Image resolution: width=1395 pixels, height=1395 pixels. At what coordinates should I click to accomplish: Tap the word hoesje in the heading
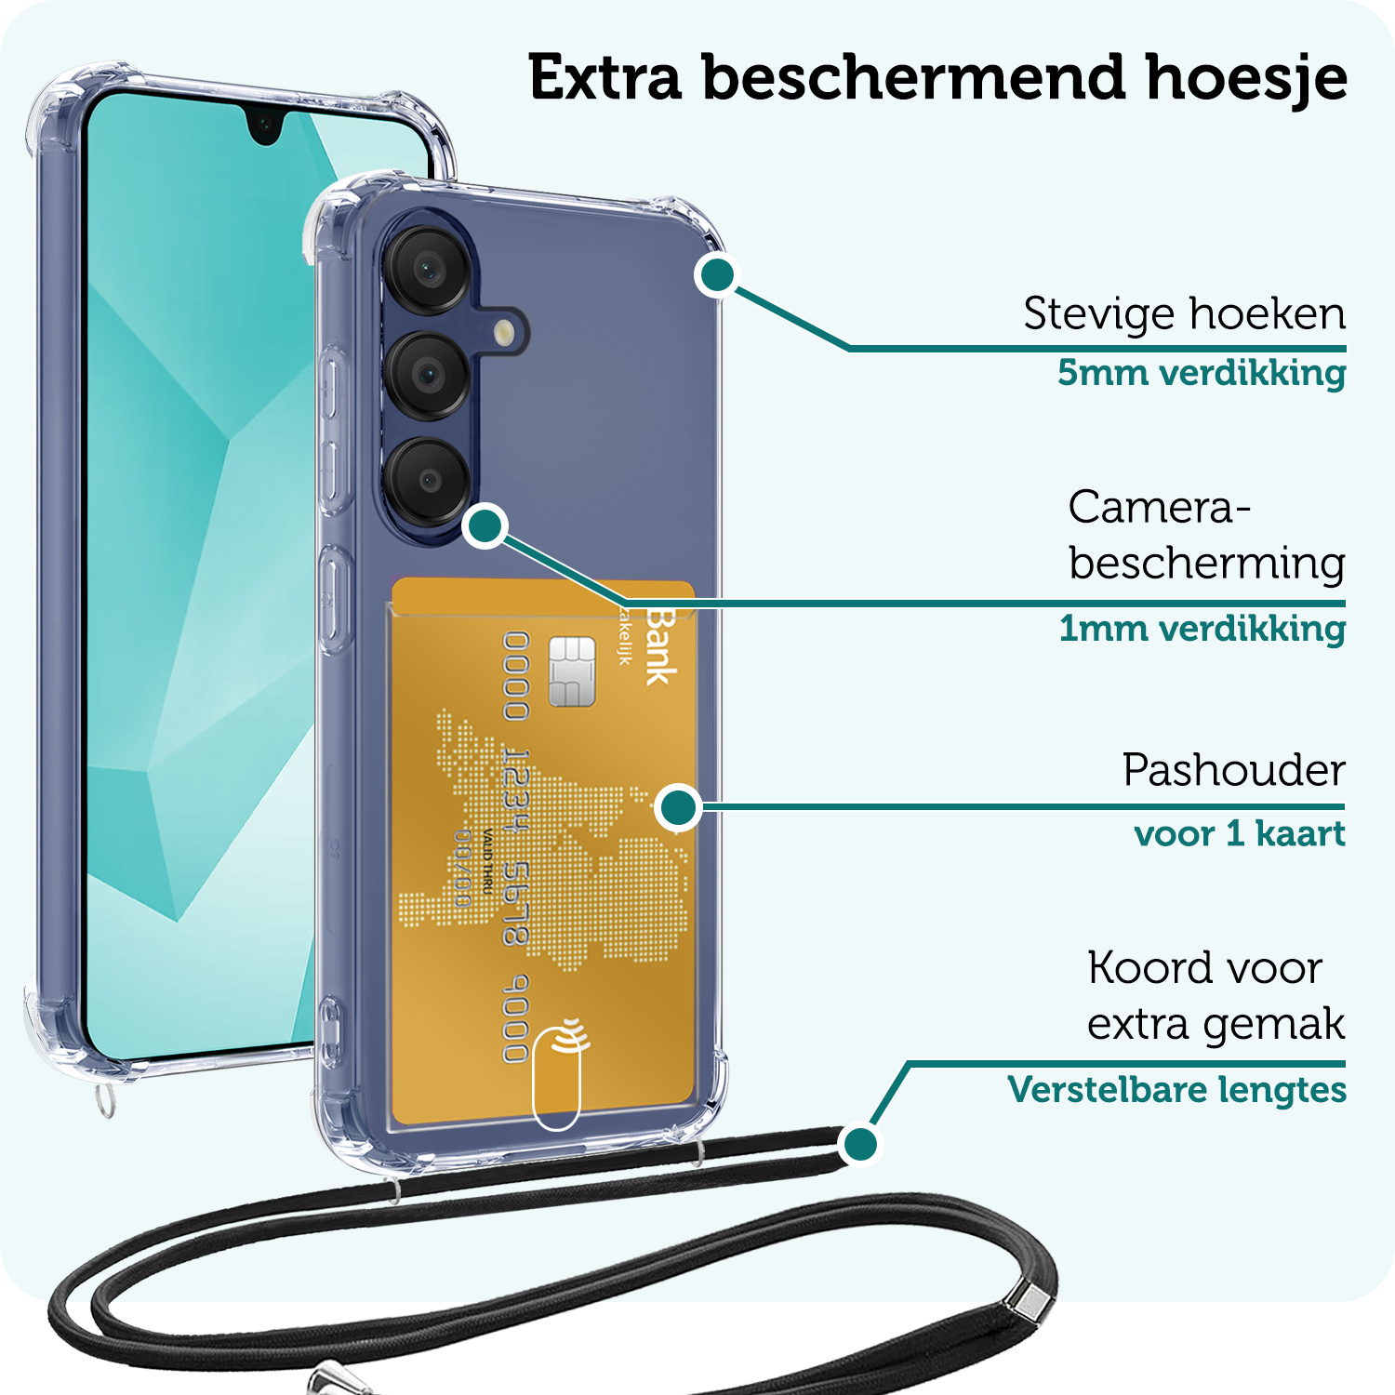(1246, 78)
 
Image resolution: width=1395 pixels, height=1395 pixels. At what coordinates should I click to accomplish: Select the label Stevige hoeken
(1184, 314)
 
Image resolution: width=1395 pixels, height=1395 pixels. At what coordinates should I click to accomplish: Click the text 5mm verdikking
(1201, 373)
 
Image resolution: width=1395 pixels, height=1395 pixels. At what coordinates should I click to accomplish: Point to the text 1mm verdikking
(1202, 629)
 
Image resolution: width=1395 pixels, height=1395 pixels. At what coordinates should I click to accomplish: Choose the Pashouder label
(1233, 770)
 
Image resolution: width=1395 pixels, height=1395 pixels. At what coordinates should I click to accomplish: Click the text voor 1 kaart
(1239, 833)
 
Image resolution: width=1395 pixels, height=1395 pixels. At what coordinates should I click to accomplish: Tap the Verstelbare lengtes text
(1176, 1089)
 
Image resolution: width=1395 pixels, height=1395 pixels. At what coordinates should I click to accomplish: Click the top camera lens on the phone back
(429, 270)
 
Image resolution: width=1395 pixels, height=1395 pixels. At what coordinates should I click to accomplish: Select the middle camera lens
(429, 375)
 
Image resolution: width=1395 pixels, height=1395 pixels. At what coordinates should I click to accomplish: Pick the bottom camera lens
(429, 480)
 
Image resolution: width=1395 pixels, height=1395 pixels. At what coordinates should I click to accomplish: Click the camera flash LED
(504, 332)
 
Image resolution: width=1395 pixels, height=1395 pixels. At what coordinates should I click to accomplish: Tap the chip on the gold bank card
(571, 671)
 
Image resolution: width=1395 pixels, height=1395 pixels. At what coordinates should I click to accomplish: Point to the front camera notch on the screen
(265, 125)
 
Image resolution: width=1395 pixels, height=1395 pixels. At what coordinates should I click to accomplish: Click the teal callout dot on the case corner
(717, 274)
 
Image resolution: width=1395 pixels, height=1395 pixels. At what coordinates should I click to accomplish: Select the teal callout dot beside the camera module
(485, 526)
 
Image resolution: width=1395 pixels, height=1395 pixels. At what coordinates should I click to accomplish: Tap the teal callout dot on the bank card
(679, 806)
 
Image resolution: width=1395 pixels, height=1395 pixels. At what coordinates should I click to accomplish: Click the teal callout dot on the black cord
(860, 1143)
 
